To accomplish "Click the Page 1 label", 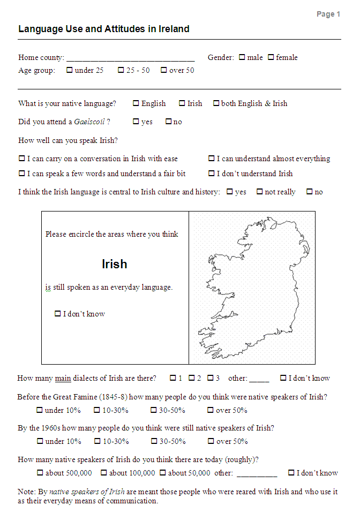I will click(x=328, y=14).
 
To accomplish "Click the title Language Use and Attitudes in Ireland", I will click(x=103, y=29).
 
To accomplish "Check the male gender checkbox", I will click(x=242, y=57).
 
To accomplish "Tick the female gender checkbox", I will click(x=271, y=57).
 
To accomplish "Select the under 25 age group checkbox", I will click(x=70, y=70).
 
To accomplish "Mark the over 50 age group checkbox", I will click(x=164, y=70).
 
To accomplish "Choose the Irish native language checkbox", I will click(x=182, y=103).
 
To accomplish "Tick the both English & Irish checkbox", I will click(x=216, y=103).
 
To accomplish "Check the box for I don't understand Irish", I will click(x=212, y=173).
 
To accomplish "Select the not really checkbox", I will click(x=259, y=192).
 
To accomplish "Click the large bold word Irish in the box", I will click(x=115, y=264).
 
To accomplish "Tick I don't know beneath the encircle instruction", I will click(x=58, y=314).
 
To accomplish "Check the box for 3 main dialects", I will click(x=211, y=378).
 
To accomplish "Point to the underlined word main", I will click(x=63, y=379).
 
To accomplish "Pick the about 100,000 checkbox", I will click(x=104, y=473).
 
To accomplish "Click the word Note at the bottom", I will click(x=26, y=492).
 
